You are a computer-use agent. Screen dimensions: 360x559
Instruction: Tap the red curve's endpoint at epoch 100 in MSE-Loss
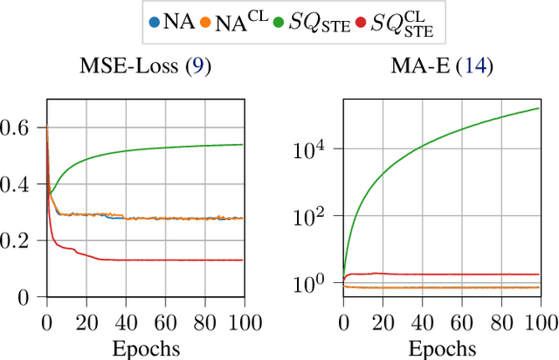(243, 260)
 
